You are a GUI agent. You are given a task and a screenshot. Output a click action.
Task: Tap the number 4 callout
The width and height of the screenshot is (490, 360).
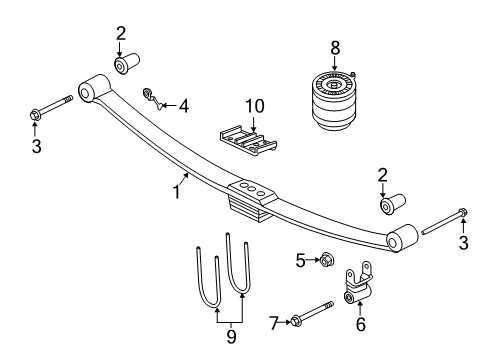[184, 104]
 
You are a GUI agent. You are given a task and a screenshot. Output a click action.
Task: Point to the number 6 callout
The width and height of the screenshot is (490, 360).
[361, 325]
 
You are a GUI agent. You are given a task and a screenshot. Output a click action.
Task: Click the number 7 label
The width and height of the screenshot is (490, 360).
[271, 322]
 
